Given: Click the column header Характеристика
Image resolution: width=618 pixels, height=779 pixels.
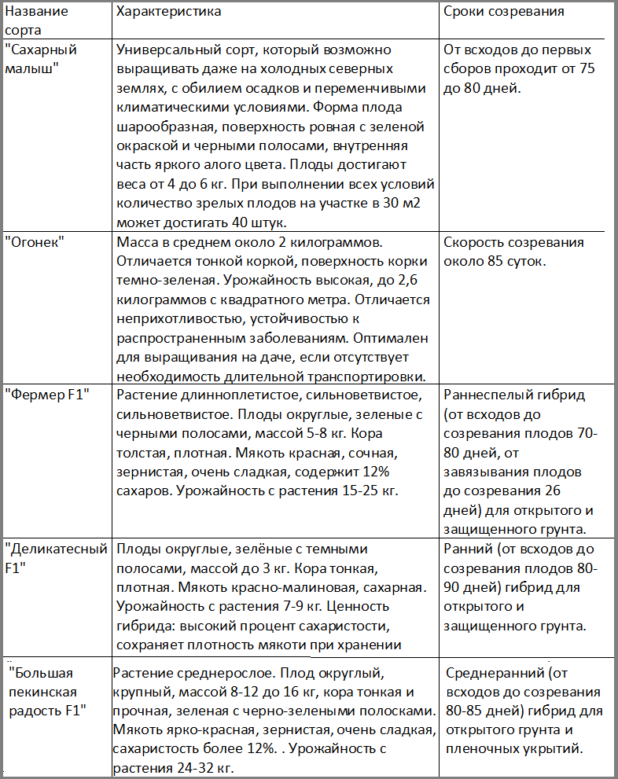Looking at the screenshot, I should (x=168, y=13).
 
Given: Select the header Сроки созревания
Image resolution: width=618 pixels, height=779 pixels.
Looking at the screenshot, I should (x=504, y=13).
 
